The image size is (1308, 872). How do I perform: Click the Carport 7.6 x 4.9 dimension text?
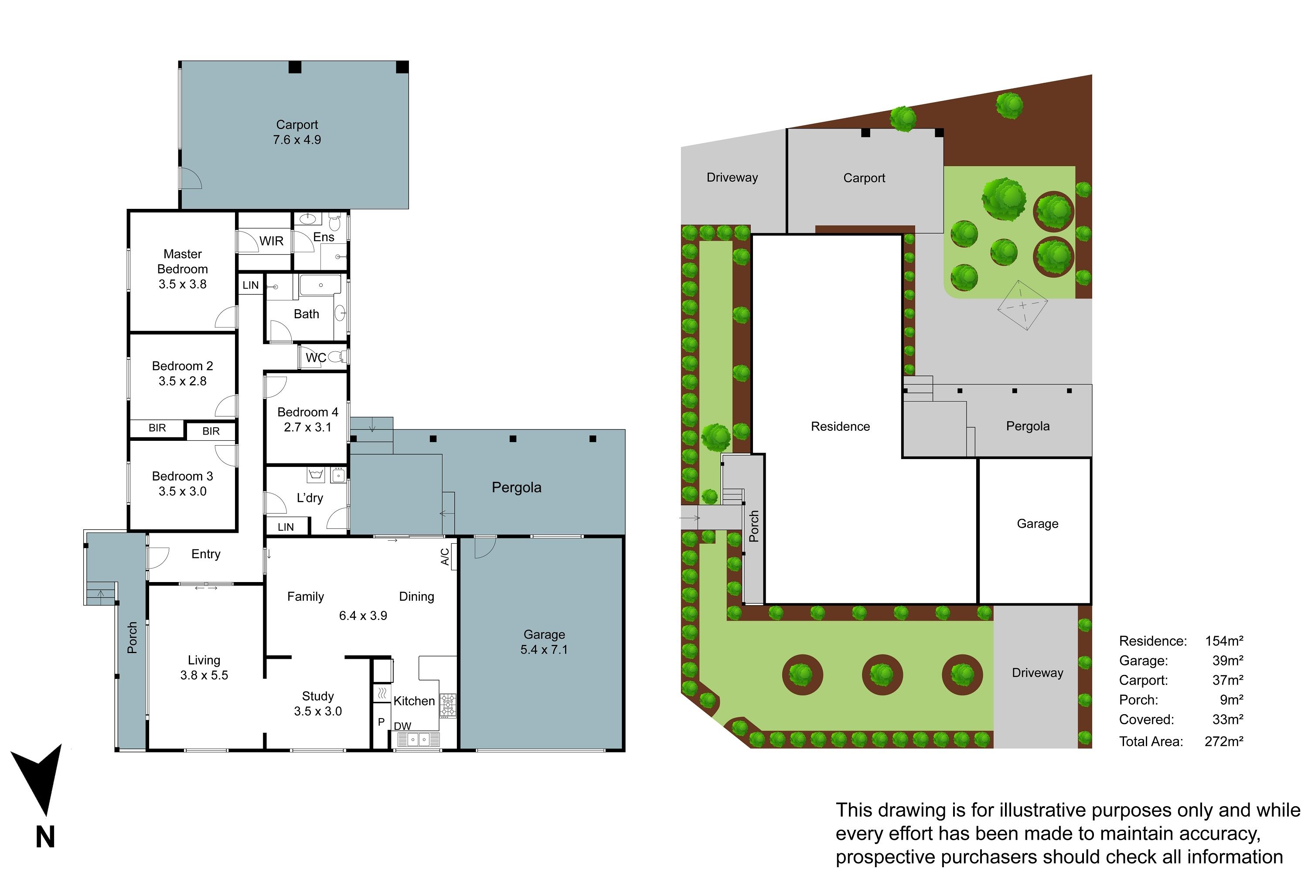coord(297,140)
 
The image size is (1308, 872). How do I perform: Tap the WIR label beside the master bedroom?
coord(271,241)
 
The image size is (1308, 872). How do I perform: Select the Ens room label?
coord(324,237)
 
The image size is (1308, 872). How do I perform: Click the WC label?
coord(316,358)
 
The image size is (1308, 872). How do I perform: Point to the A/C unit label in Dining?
coord(445,557)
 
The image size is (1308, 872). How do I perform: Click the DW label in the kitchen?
coord(402,726)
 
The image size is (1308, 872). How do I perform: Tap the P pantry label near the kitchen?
coord(381,722)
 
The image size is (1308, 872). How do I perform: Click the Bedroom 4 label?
coord(307,412)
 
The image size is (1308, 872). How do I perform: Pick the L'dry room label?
coord(310,498)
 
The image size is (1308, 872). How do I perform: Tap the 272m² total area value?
coord(1224,741)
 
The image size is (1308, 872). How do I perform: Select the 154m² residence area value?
coord(1224,640)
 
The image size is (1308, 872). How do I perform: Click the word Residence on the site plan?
coord(840,426)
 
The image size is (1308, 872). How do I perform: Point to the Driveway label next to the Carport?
coord(732,177)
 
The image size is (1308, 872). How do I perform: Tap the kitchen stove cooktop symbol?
coord(448,705)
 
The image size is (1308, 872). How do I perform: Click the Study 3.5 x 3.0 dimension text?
coord(317,711)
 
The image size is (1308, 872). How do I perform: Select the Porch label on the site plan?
coord(754,526)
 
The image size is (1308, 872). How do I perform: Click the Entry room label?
coord(206,554)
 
